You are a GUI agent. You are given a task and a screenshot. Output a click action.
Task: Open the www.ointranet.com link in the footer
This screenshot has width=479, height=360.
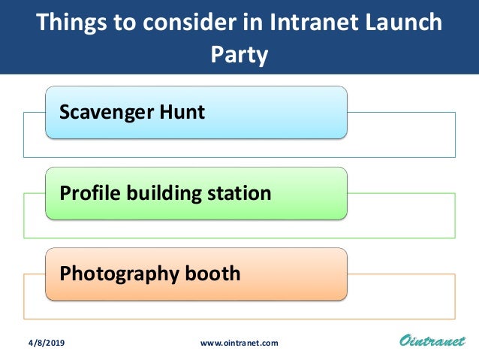click(239, 343)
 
